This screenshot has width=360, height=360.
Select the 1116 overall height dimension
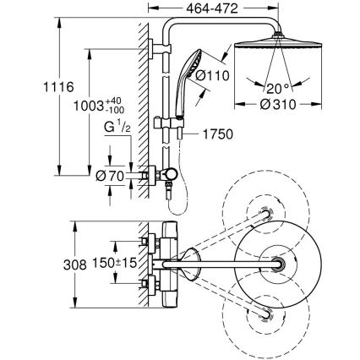point(21,88)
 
